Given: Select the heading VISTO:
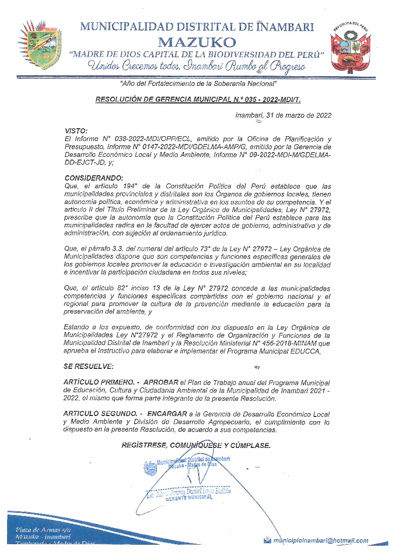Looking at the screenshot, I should tap(75, 130).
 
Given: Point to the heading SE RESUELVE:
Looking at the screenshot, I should tap(88, 366).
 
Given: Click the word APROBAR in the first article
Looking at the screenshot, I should tap(161, 383).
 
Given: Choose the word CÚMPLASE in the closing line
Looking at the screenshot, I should tap(252, 445).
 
